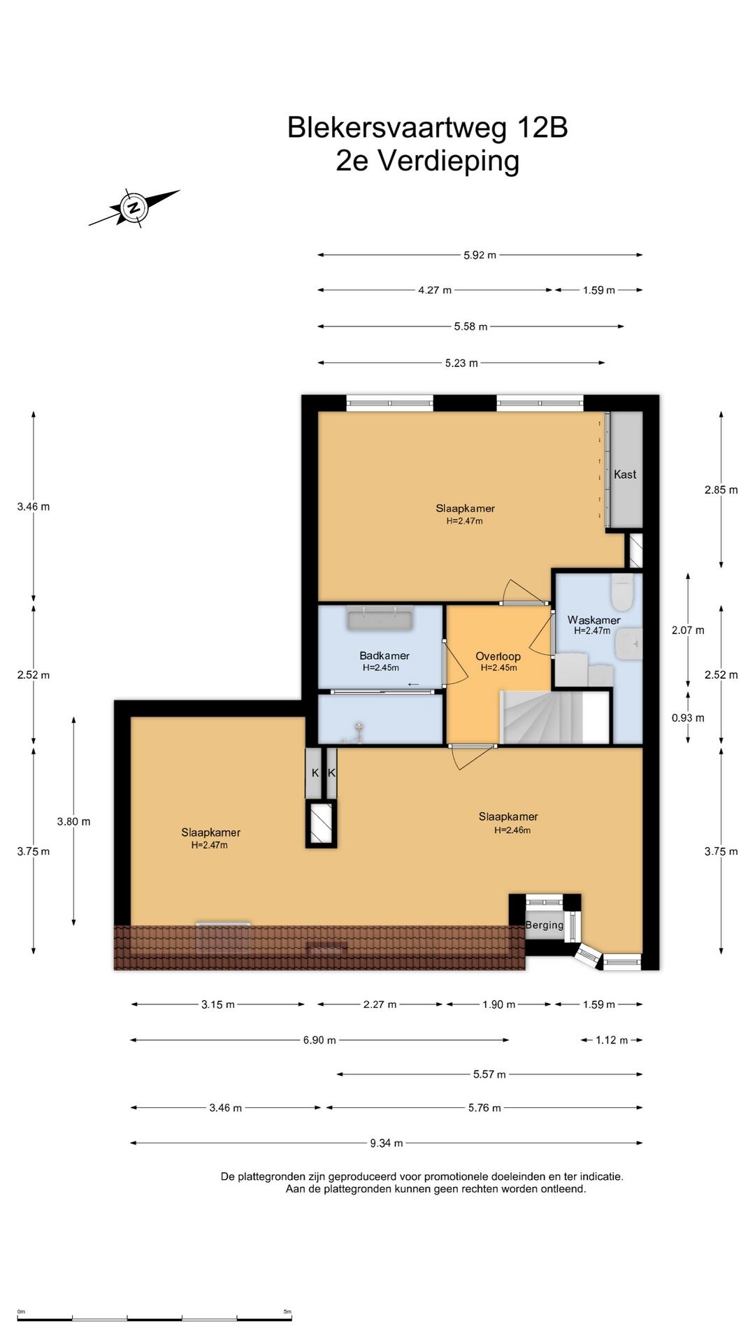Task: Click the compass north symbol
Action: click(134, 207)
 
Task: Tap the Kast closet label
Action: click(625, 475)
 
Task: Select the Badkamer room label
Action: click(384, 656)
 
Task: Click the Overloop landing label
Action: click(498, 656)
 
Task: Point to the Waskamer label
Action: click(594, 620)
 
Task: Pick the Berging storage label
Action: click(545, 925)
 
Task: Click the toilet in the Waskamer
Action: click(621, 593)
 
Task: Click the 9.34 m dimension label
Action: click(387, 1143)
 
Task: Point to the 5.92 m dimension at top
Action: click(480, 255)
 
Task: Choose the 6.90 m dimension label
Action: click(319, 1040)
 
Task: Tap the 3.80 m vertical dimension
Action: click(74, 821)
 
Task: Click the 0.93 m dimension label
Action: click(688, 718)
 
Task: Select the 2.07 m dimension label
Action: click(688, 630)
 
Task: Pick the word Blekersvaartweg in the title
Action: click(398, 128)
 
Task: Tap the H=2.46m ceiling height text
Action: click(512, 830)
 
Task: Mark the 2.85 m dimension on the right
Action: click(721, 490)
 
